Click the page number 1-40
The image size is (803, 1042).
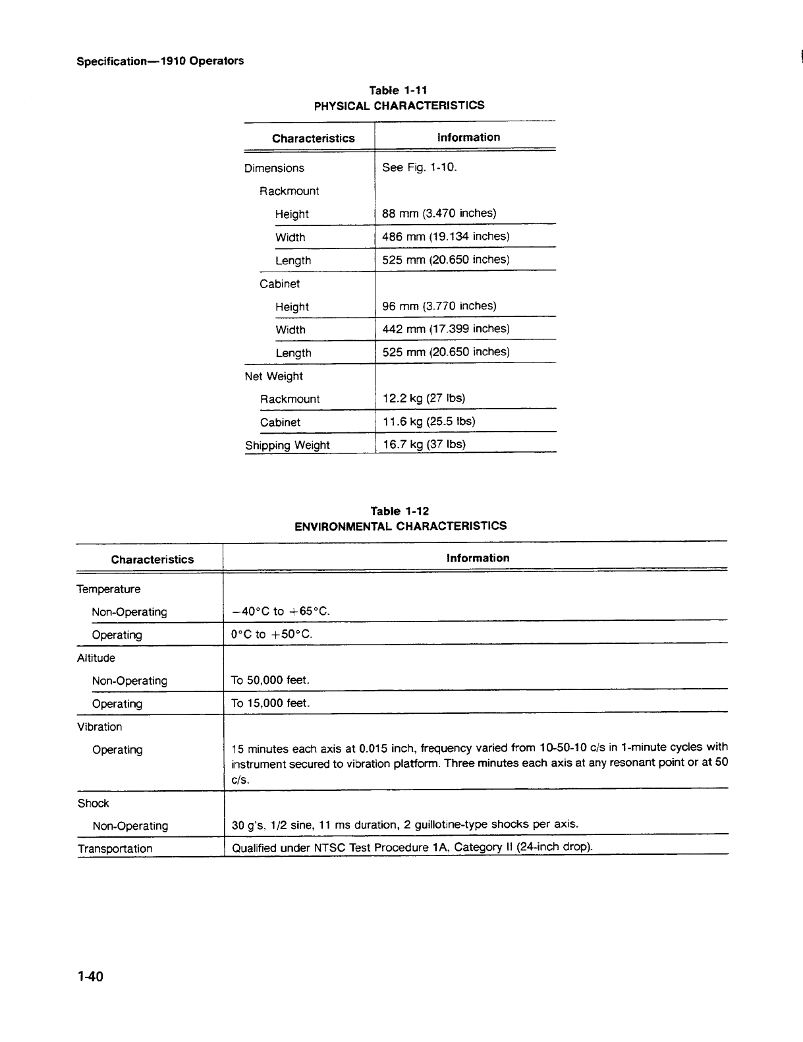(90, 976)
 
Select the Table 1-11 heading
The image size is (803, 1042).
(399, 90)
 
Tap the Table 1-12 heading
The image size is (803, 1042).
(399, 511)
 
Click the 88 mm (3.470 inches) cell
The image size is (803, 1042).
(439, 214)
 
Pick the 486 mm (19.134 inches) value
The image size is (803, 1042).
(446, 237)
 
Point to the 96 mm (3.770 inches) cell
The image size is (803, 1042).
(439, 306)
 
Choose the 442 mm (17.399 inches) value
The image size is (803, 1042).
(446, 329)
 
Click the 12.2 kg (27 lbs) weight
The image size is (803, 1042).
(424, 398)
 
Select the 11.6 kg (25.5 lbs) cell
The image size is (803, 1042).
(428, 421)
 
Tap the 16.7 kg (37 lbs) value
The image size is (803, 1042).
(424, 444)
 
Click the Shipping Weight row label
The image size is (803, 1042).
(287, 446)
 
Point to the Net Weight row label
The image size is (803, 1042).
(273, 376)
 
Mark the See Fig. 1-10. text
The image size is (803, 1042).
(419, 167)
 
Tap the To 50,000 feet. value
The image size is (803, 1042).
(270, 680)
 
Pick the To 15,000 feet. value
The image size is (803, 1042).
(270, 703)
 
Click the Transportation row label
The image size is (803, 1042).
(115, 849)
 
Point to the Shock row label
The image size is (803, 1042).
(93, 803)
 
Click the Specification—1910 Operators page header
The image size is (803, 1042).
(160, 61)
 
